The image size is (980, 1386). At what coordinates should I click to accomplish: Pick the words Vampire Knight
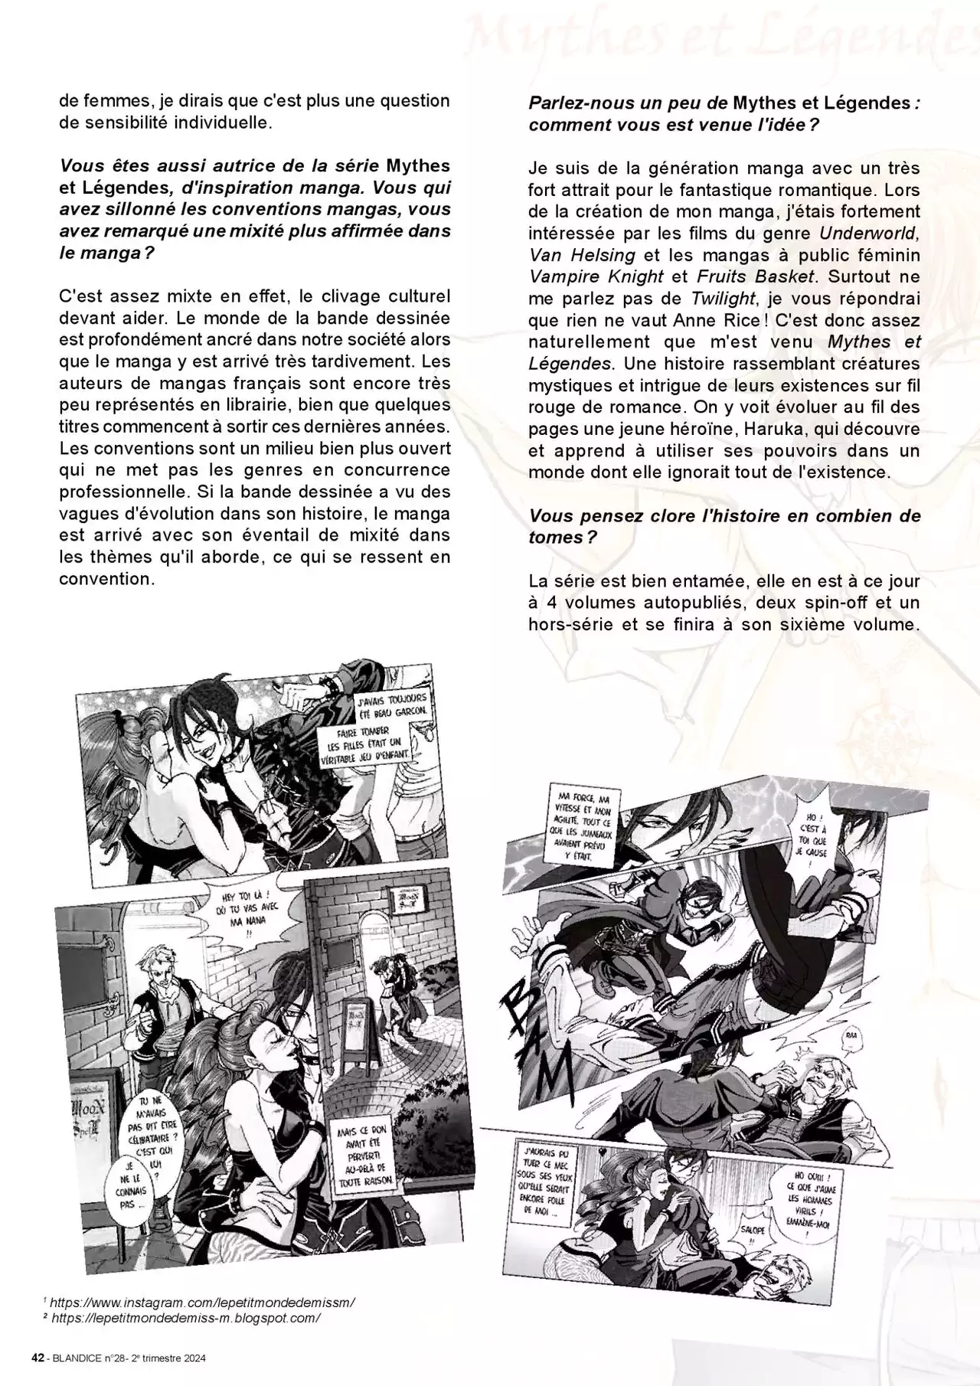point(596,277)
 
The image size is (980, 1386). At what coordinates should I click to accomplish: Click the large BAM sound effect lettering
point(540,1034)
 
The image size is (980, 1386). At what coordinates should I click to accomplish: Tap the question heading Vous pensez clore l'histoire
point(724,526)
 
